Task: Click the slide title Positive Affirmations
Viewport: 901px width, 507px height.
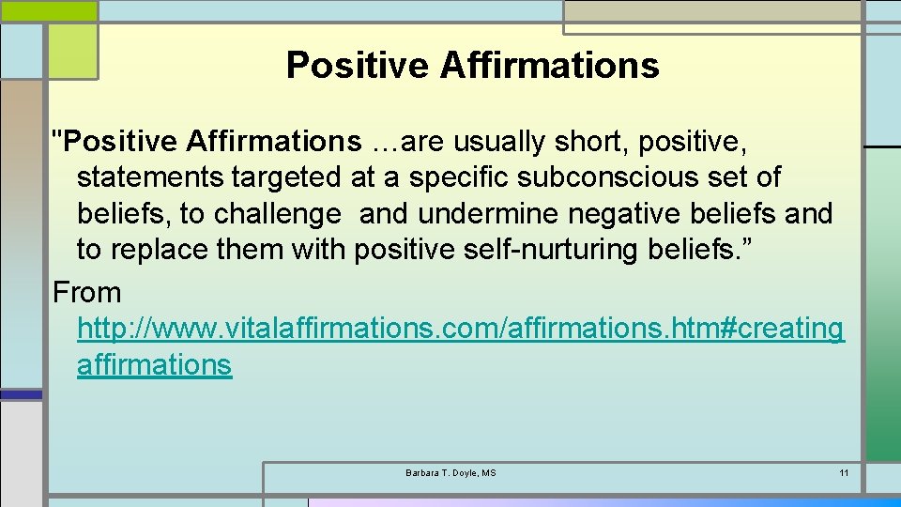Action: point(472,66)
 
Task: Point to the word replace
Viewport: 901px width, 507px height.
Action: point(157,251)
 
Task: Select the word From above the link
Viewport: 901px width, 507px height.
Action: point(87,293)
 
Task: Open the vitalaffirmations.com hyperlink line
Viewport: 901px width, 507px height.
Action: point(460,329)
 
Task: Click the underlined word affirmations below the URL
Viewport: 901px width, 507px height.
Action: point(154,364)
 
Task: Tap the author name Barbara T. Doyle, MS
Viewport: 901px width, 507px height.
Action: point(450,472)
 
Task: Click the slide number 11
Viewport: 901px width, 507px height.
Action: point(844,472)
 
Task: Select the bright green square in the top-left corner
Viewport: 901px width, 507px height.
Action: point(71,52)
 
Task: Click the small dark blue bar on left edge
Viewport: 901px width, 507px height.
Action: point(21,395)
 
